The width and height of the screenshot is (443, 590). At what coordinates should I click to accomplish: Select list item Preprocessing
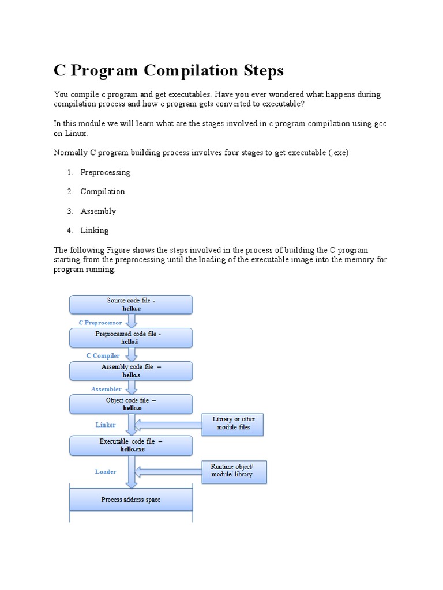106,172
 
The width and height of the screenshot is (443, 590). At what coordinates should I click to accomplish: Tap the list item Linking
95,230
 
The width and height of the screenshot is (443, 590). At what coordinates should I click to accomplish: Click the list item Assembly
98,211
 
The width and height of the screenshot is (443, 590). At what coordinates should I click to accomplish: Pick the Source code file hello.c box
131,304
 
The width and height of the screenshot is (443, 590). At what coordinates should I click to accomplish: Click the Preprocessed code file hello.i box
131,338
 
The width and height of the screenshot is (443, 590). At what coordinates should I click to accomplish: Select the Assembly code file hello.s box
131,370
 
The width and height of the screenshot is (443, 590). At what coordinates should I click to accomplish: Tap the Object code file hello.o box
131,404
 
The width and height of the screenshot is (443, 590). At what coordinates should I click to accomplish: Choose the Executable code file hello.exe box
131,445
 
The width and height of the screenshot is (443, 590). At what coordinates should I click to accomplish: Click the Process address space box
131,500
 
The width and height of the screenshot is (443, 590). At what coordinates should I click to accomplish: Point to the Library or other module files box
232,423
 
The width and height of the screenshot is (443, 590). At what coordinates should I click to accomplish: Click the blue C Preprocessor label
100,323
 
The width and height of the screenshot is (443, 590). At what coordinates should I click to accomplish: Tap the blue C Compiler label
103,356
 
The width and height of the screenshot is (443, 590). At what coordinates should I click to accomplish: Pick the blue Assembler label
106,389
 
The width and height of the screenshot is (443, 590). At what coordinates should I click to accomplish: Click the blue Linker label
106,425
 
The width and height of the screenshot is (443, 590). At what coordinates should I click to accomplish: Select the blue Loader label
106,471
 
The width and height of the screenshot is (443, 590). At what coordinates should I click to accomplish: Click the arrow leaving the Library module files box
168,425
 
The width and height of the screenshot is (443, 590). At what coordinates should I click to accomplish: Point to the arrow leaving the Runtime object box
168,471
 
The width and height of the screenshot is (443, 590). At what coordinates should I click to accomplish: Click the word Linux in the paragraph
74,133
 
